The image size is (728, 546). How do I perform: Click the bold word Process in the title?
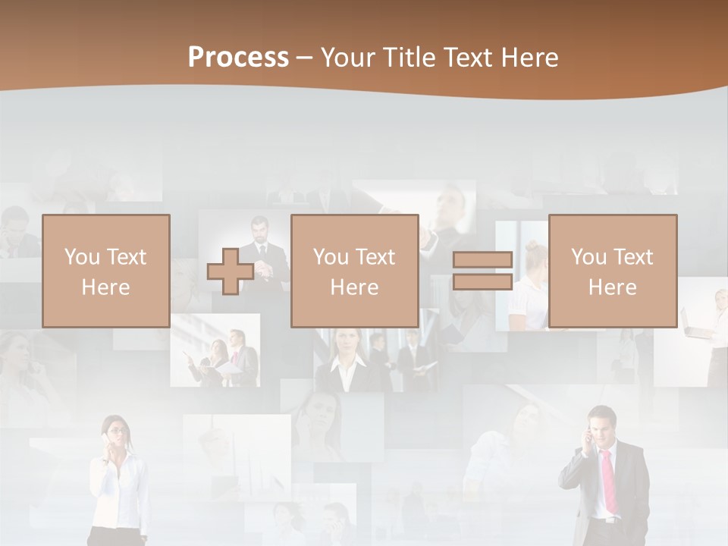pyautogui.click(x=238, y=58)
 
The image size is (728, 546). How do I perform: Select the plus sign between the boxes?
pyautogui.click(x=231, y=271)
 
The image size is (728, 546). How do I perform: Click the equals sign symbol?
pyautogui.click(x=482, y=271)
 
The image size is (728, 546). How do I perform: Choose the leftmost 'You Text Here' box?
pyautogui.click(x=106, y=271)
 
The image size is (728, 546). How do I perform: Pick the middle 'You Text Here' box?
pyautogui.click(x=355, y=271)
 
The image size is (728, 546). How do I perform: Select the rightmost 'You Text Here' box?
pyautogui.click(x=613, y=271)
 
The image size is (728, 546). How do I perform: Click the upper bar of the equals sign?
pyautogui.click(x=482, y=260)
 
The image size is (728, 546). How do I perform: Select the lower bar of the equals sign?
pyautogui.click(x=482, y=281)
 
